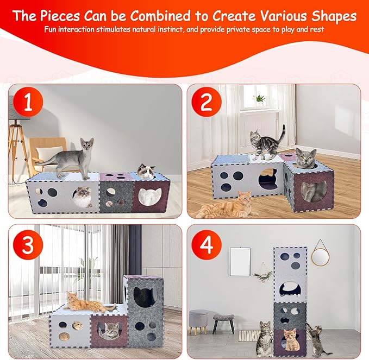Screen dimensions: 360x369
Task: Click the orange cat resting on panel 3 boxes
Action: [x=82, y=299]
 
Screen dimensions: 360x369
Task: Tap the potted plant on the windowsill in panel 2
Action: [x=259, y=99]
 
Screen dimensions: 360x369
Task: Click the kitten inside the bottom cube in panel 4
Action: [x=291, y=340]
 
